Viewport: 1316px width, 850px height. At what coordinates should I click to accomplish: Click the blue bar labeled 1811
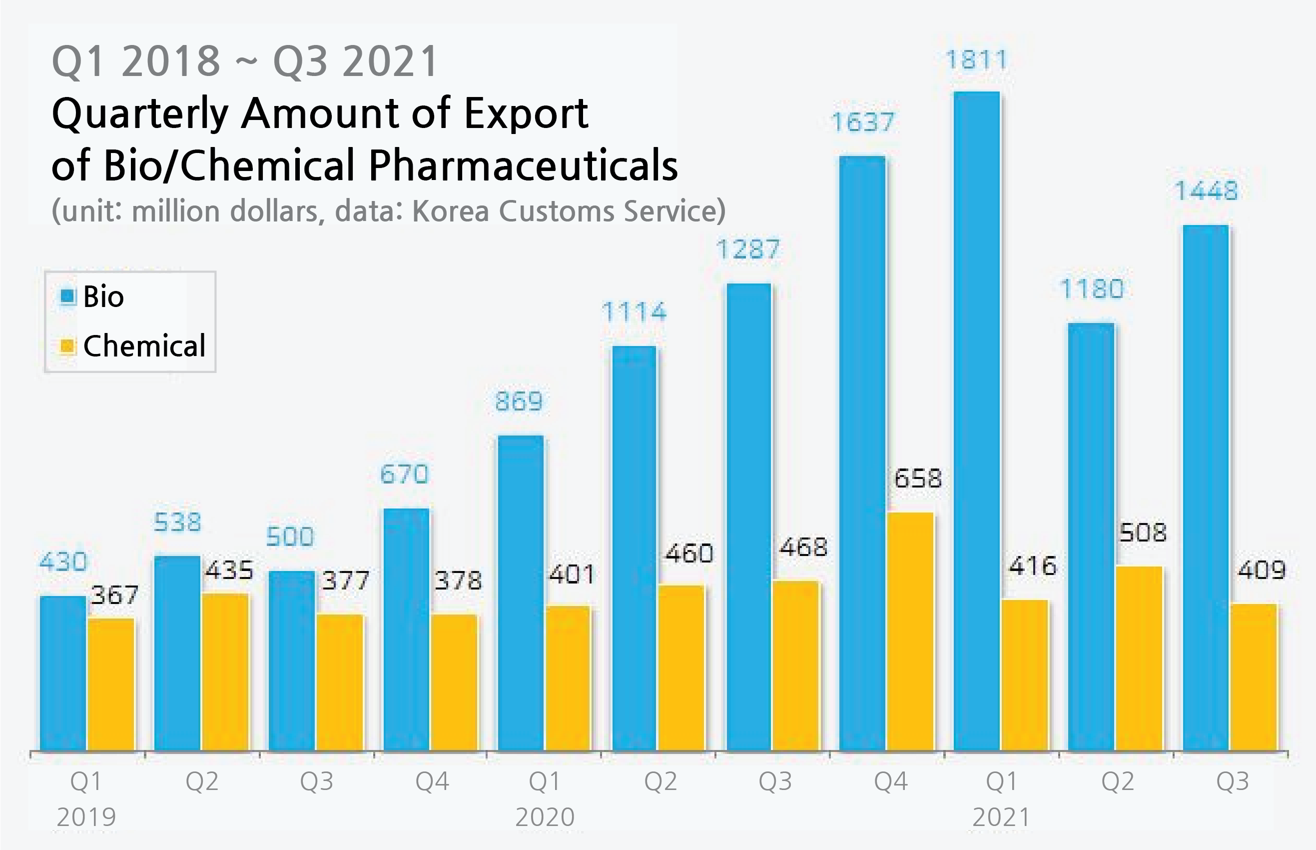[x=976, y=419]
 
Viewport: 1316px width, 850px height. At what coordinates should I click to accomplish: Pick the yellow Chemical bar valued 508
[x=1139, y=657]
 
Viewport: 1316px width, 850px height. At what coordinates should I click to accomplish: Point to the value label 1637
[x=862, y=122]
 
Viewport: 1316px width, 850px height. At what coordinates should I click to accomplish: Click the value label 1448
[x=1206, y=191]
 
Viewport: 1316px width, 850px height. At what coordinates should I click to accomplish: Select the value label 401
[x=572, y=574]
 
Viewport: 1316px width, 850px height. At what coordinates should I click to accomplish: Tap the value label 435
[x=229, y=570]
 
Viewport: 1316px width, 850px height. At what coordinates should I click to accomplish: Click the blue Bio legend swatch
[x=67, y=296]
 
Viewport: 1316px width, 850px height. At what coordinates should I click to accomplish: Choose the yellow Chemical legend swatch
[x=67, y=346]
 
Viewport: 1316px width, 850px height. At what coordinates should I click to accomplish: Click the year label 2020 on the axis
[x=545, y=817]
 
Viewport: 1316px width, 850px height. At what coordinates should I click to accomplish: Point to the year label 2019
[x=86, y=817]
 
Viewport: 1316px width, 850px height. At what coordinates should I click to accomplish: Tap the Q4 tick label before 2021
[x=891, y=781]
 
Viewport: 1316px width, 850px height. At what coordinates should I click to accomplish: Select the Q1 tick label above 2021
[x=1001, y=781]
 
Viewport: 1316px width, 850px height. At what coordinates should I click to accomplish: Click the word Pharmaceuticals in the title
[x=523, y=165]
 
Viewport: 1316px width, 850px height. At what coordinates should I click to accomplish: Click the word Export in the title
[x=526, y=113]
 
